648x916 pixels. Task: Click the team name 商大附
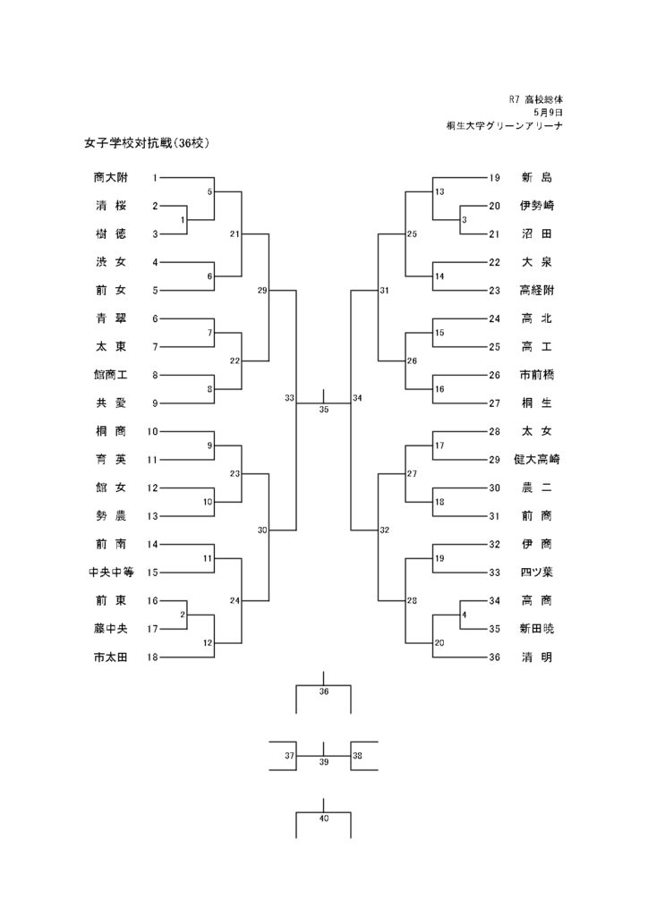click(x=110, y=178)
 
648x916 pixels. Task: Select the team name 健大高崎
click(x=536, y=460)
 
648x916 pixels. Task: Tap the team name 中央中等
click(x=111, y=572)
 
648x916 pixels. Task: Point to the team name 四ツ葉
click(x=536, y=572)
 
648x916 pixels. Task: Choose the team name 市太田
click(x=110, y=657)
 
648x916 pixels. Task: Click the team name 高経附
click(x=536, y=291)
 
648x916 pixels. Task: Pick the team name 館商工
click(x=110, y=375)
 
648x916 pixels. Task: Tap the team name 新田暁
click(x=536, y=629)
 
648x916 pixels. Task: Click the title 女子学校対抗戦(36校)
click(x=147, y=143)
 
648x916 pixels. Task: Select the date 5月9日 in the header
click(x=548, y=112)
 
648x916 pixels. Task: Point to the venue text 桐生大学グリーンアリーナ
click(x=505, y=125)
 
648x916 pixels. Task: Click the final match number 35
click(x=324, y=410)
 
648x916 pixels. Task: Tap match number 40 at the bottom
click(x=324, y=818)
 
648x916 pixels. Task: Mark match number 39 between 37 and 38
click(x=324, y=762)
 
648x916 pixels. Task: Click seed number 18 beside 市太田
click(x=152, y=657)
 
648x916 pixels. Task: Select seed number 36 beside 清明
click(x=495, y=657)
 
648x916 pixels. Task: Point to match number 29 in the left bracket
click(x=262, y=291)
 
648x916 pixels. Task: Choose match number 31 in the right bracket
click(x=385, y=291)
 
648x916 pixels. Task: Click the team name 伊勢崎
click(x=536, y=206)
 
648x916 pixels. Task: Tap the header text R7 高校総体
click(x=536, y=100)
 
